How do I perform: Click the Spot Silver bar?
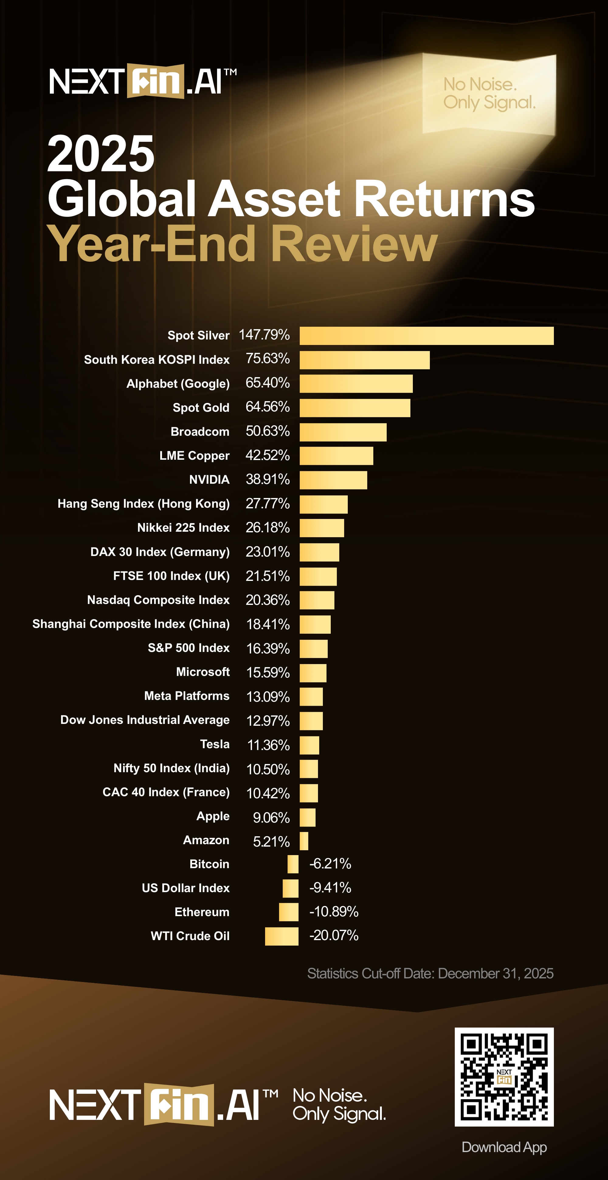(x=427, y=336)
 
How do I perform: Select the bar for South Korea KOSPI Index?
(x=364, y=360)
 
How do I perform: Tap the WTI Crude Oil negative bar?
(x=282, y=936)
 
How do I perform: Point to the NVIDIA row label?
(x=209, y=479)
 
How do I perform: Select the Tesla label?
(x=215, y=744)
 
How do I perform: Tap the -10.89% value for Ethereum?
(x=334, y=912)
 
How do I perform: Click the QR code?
(x=504, y=1076)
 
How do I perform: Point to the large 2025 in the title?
(x=101, y=154)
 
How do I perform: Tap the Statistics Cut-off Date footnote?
(x=430, y=974)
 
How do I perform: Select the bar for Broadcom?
(x=343, y=432)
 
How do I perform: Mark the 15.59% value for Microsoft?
(x=268, y=673)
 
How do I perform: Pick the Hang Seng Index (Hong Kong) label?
(x=143, y=504)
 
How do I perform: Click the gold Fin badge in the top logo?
(x=155, y=81)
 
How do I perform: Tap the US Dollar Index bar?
(x=290, y=888)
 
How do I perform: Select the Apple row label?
(x=213, y=816)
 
